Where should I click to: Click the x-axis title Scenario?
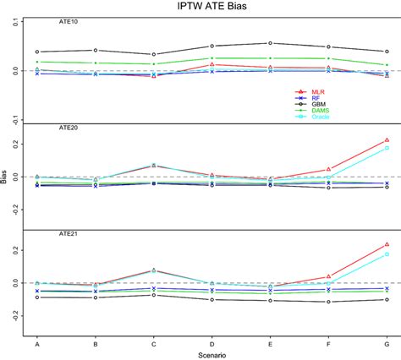pos(211,354)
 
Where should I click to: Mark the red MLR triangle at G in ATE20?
pos(387,140)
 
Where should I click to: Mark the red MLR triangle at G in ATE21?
pos(387,245)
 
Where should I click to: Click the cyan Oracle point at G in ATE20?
pos(387,148)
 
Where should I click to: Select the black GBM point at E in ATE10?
pos(270,43)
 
